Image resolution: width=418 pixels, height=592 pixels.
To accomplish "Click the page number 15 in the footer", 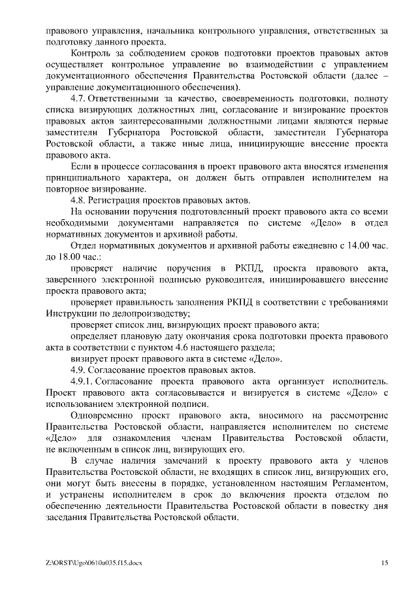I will [385, 563].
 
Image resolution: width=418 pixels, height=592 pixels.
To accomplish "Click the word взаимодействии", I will [258, 65].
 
